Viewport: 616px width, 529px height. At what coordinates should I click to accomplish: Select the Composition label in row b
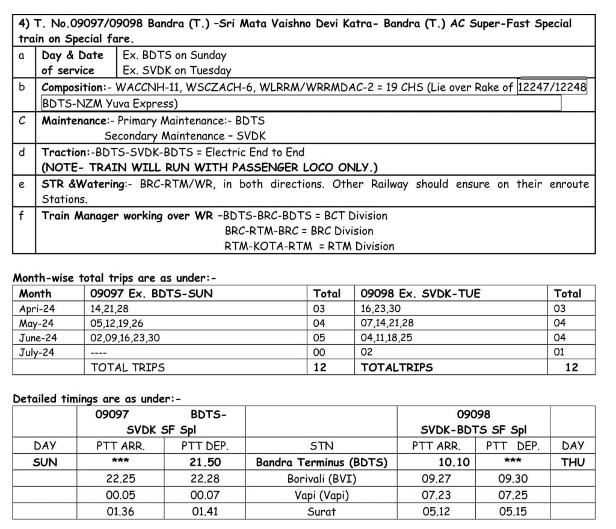click(73, 87)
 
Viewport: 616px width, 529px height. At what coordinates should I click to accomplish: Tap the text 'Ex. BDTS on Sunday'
click(174, 55)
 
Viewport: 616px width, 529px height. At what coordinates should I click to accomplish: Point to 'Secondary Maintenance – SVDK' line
click(185, 136)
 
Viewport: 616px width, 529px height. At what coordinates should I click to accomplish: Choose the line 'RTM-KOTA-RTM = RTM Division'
click(309, 246)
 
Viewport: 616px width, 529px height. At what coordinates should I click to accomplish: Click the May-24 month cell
click(37, 323)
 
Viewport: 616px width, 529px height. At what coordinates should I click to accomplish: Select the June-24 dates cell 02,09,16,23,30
click(125, 338)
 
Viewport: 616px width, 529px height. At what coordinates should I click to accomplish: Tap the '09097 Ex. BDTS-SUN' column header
click(151, 294)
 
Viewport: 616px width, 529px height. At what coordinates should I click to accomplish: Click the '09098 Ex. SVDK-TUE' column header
click(420, 294)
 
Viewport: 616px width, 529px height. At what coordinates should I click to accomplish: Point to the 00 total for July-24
click(319, 353)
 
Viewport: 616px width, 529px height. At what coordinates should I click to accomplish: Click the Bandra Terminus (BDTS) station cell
click(321, 463)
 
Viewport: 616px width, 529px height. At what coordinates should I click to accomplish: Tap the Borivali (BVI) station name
click(321, 480)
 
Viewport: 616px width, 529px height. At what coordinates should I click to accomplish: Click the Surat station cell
click(321, 512)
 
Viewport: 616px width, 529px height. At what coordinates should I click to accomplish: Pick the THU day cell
click(572, 463)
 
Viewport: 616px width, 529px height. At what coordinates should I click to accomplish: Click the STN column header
click(321, 447)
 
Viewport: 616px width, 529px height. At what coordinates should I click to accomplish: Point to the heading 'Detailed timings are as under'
click(97, 398)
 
